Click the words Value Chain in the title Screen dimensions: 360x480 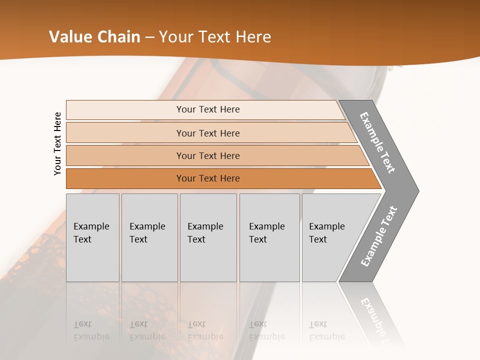tap(94, 37)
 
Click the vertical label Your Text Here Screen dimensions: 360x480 tap(58, 143)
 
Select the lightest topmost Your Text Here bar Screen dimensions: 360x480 tap(207, 109)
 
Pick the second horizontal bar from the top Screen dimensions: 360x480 tap(207, 133)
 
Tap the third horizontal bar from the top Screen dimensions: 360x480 tap(207, 155)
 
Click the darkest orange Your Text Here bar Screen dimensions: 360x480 tap(207, 178)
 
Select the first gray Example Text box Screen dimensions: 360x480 tap(92, 237)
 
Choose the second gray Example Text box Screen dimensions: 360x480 tap(149, 237)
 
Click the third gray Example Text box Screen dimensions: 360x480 tap(208, 237)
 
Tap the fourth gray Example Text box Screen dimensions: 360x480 tap(269, 237)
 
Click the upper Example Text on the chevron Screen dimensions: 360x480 tap(378, 142)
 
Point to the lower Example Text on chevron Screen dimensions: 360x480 tap(379, 236)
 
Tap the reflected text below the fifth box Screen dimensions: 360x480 tap(327, 330)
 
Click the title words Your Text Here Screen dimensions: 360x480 tap(215, 37)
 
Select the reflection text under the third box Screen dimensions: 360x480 tap(205, 330)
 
